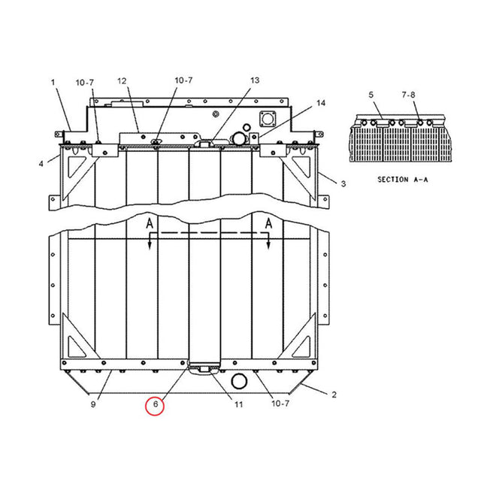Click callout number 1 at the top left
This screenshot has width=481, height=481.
tap(53, 80)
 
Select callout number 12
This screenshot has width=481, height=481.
tap(122, 80)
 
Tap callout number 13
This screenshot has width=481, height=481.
tap(254, 80)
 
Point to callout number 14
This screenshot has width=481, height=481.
tap(321, 102)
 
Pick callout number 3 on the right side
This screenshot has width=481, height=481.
tap(343, 183)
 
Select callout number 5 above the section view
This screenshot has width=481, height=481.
tap(371, 95)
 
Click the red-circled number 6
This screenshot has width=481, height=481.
tap(155, 404)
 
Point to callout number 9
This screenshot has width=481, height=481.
tap(93, 404)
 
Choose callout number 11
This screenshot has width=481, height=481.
tap(238, 404)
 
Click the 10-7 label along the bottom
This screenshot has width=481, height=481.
tap(279, 404)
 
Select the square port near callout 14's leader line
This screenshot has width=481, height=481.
tap(268, 119)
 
